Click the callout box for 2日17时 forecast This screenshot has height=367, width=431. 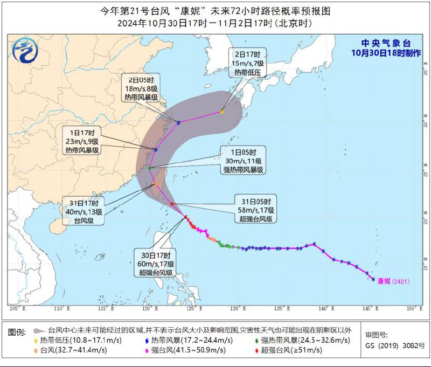[x=247, y=63]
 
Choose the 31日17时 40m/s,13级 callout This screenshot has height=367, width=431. [x=82, y=211]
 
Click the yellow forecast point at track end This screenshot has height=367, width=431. [x=221, y=112]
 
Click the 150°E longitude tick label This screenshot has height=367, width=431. [x=413, y=308]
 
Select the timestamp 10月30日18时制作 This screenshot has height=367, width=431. [x=386, y=53]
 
